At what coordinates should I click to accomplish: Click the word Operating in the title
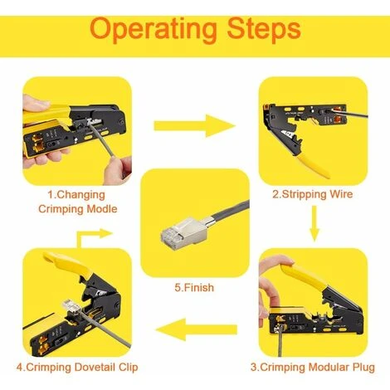154,30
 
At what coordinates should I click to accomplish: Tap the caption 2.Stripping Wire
313,194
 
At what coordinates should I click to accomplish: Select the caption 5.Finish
194,287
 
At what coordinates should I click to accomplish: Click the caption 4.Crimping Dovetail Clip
77,368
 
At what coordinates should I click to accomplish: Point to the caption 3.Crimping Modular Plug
313,368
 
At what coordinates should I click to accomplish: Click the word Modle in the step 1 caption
102,209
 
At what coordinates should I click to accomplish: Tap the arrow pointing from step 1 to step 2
194,126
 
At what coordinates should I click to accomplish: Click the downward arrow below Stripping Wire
314,223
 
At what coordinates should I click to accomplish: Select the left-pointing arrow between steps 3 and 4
197,329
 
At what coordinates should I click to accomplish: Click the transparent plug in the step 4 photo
71,306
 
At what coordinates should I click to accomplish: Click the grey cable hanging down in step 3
280,342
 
